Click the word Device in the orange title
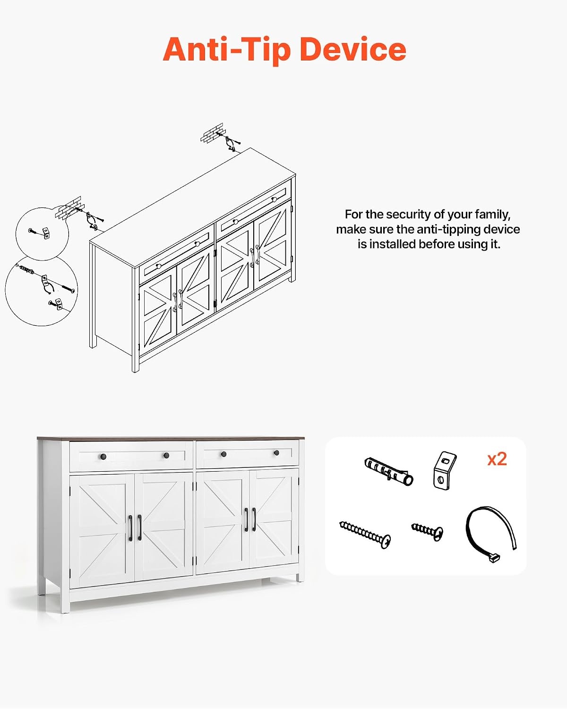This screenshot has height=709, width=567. (x=353, y=49)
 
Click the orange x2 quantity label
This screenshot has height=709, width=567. (x=497, y=459)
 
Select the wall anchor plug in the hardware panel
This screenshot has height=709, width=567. (x=389, y=471)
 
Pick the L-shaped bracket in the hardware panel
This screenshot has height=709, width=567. (x=445, y=470)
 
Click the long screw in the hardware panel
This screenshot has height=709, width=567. (x=365, y=535)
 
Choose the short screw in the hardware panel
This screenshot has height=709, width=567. (x=427, y=531)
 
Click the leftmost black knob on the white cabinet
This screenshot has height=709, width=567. (x=103, y=457)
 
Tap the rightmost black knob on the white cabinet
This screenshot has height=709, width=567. (x=276, y=453)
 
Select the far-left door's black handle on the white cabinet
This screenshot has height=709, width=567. (x=130, y=528)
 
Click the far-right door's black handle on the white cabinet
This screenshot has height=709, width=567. (x=254, y=519)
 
